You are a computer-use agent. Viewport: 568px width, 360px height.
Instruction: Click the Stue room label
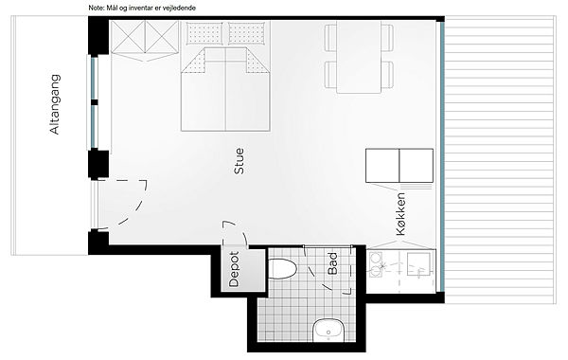(x=240, y=161)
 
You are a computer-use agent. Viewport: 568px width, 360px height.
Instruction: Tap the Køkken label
(x=400, y=214)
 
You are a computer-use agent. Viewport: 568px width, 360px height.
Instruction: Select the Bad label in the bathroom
(x=332, y=263)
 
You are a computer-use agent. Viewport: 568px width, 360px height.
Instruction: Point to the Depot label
(x=234, y=269)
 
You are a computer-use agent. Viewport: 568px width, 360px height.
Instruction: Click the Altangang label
(x=55, y=104)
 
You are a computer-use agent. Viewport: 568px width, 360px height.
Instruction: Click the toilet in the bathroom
(x=282, y=269)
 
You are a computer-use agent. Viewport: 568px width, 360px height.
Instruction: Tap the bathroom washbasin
(x=328, y=331)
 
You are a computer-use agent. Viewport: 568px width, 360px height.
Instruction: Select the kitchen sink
(x=418, y=264)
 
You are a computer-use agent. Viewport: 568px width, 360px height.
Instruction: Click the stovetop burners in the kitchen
(x=375, y=264)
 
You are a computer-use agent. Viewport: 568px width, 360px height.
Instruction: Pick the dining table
(x=359, y=57)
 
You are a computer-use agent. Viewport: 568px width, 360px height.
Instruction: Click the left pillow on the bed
(x=204, y=33)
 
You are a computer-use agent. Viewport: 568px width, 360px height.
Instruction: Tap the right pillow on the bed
(x=247, y=33)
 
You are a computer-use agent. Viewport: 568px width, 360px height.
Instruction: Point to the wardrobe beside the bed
(x=145, y=41)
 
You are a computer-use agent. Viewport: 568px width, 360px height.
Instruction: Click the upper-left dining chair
(x=330, y=37)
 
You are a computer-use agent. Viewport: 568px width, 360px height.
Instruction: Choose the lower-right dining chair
(x=387, y=74)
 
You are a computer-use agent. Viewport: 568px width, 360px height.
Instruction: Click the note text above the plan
(x=142, y=8)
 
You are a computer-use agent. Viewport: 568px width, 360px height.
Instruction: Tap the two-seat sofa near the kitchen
(x=399, y=166)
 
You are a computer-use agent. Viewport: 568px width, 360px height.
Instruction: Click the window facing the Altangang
(x=94, y=101)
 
